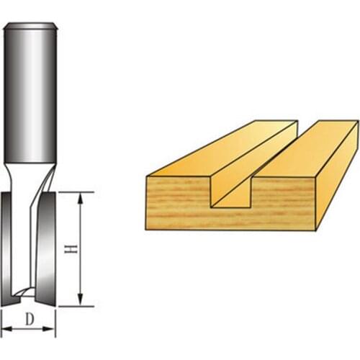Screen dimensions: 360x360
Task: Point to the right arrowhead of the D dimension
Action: [x=53, y=330]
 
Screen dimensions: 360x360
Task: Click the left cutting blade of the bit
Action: [x=9, y=245]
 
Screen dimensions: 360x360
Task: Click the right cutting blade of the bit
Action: [x=48, y=245]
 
